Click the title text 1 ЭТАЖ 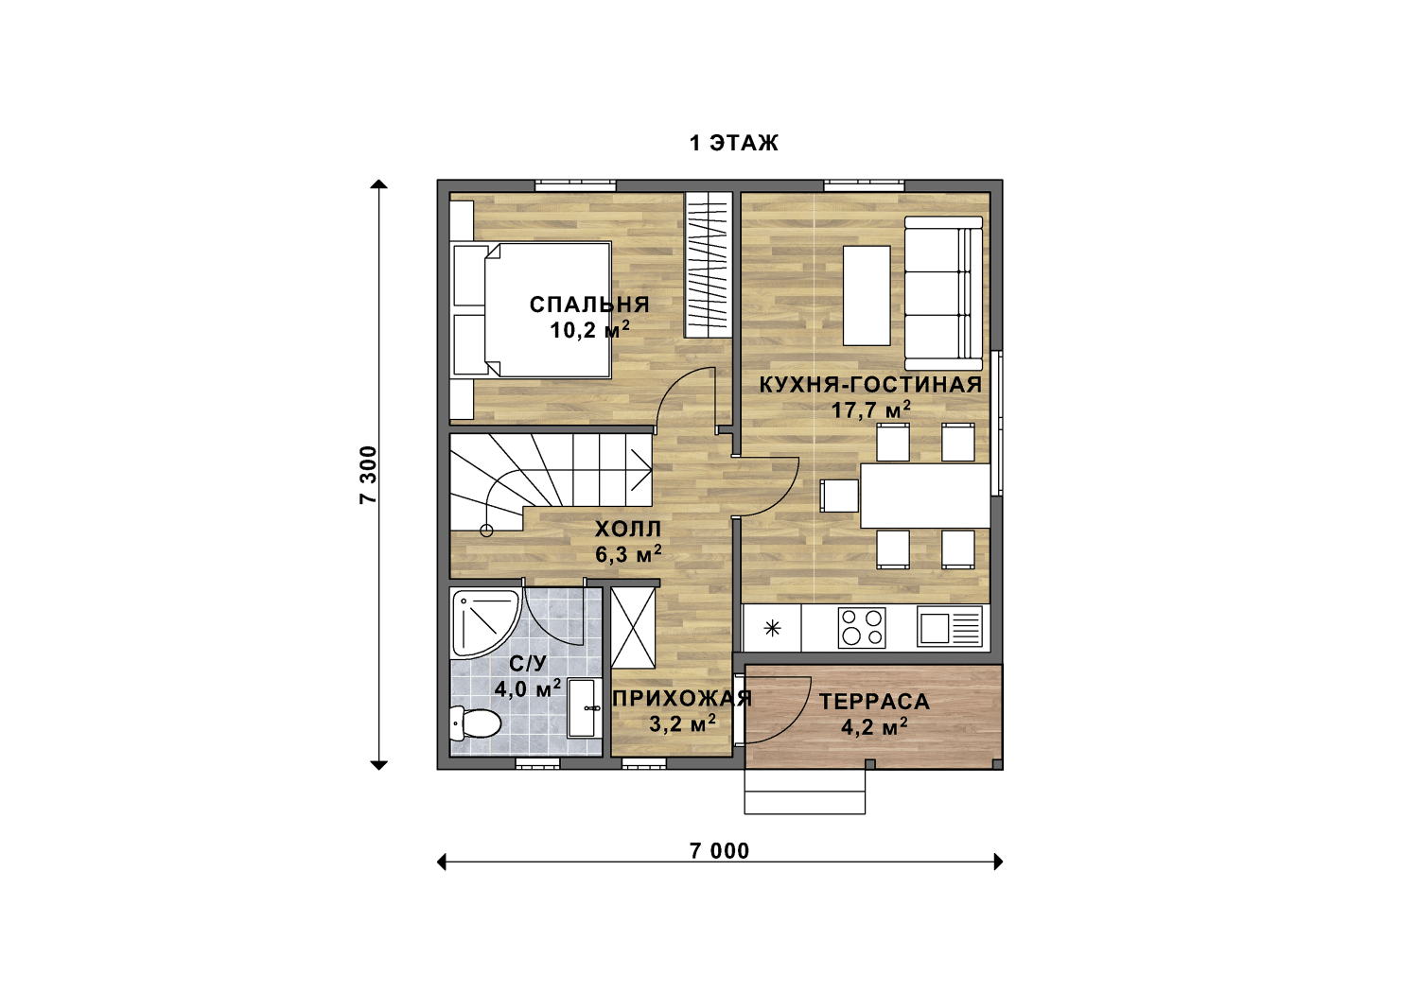pos(733,143)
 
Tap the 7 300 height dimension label pos(368,475)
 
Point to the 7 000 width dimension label pos(719,851)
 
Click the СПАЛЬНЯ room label pos(589,305)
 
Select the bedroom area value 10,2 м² pos(589,329)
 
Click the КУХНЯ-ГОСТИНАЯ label pos(870,384)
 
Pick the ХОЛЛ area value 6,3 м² pos(628,554)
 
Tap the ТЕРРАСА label pos(874,702)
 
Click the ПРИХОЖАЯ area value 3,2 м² pos(682,723)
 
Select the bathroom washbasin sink pos(584,708)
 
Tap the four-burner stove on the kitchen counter pos(862,628)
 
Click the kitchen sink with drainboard pos(949,628)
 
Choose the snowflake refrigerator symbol pos(772,628)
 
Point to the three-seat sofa pos(943,293)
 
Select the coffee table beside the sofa pos(867,296)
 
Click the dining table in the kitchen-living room pos(925,496)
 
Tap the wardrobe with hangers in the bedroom pos(709,265)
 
